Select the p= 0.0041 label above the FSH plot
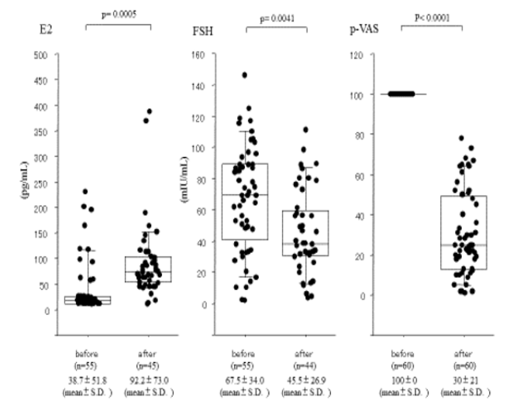(276, 15)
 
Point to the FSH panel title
(203, 32)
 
